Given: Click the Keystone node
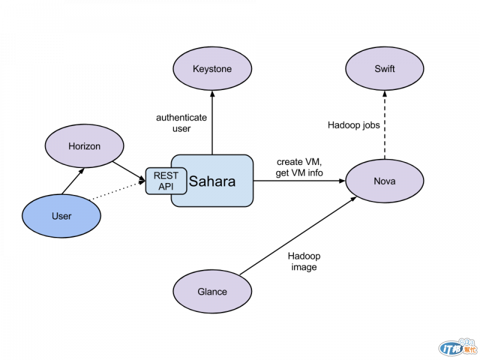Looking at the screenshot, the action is pyautogui.click(x=212, y=68).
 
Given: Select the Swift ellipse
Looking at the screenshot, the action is pyautogui.click(x=385, y=68).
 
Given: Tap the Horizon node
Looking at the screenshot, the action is pyautogui.click(x=85, y=146).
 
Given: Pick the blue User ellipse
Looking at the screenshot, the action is pyautogui.click(x=62, y=216).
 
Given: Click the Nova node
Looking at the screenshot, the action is pyautogui.click(x=385, y=181).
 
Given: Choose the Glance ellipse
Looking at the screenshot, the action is pyautogui.click(x=212, y=292).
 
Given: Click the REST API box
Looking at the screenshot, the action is pyautogui.click(x=166, y=181).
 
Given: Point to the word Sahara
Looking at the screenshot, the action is pyautogui.click(x=212, y=181).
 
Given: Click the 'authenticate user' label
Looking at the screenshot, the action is pyautogui.click(x=182, y=123).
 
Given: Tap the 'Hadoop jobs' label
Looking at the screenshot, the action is pyautogui.click(x=354, y=125).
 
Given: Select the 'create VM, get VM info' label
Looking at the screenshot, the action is pyautogui.click(x=299, y=167).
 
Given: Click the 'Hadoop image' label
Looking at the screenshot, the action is pyautogui.click(x=304, y=262).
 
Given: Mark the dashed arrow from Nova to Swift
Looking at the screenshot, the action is pyautogui.click(x=385, y=125).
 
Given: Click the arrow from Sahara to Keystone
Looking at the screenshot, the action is pyautogui.click(x=212, y=122).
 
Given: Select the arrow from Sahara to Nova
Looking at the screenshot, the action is pyautogui.click(x=299, y=181).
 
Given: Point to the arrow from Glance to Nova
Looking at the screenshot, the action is pyautogui.click(x=298, y=236).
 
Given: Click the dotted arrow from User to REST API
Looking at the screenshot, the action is pyautogui.click(x=117, y=191).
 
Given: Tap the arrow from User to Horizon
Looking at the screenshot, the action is pyautogui.click(x=73, y=181).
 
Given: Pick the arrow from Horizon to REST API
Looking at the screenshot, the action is pyautogui.click(x=129, y=171).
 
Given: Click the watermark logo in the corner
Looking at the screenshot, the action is pyautogui.click(x=458, y=347).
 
